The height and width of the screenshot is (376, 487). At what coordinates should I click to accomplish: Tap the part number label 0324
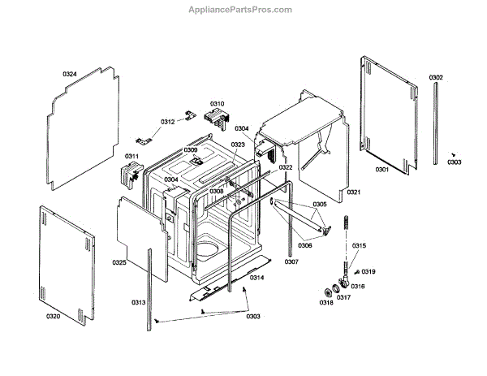click(x=70, y=74)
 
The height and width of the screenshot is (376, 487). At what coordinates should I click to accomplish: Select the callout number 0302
click(x=436, y=77)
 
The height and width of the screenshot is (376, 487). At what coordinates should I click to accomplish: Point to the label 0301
click(x=381, y=169)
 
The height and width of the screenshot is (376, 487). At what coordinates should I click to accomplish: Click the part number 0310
click(x=217, y=103)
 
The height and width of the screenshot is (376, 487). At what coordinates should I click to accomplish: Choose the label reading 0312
click(x=167, y=122)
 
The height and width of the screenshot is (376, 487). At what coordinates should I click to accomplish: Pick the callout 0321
click(x=353, y=192)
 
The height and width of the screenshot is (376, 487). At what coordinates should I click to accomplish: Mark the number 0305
click(x=319, y=204)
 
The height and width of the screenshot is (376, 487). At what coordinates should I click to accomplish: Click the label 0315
click(x=359, y=245)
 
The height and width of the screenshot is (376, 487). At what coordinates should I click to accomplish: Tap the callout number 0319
click(x=368, y=271)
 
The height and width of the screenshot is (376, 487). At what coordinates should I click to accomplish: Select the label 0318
click(x=325, y=303)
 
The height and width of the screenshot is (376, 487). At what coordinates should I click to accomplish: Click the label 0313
click(x=138, y=303)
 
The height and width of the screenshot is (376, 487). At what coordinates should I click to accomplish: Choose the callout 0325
click(x=119, y=262)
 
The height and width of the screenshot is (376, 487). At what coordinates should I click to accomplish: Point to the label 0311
click(x=131, y=156)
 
